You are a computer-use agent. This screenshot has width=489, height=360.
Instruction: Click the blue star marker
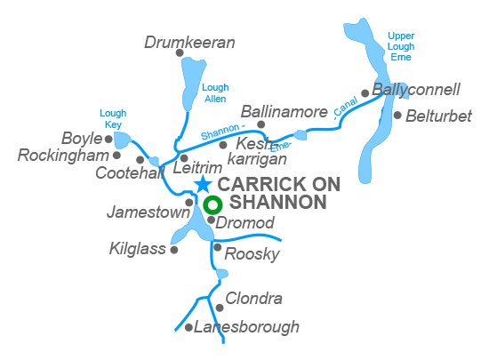[x=203, y=184]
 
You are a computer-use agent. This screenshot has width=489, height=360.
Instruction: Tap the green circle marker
[x=212, y=205]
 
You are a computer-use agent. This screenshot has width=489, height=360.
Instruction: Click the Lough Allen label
[x=215, y=92]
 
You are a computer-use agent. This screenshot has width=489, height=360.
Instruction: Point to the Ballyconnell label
[x=416, y=90]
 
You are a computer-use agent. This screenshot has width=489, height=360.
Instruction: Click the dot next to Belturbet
[x=397, y=115]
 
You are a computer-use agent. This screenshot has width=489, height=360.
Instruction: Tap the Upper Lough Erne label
[x=401, y=46]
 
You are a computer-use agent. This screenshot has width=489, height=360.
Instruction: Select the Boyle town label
[x=82, y=139]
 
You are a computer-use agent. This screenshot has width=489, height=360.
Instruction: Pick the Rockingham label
[x=62, y=156]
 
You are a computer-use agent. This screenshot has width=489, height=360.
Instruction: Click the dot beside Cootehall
[x=140, y=160]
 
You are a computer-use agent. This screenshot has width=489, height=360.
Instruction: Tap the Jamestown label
[x=148, y=212]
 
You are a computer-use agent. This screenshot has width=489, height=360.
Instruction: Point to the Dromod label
[x=244, y=222]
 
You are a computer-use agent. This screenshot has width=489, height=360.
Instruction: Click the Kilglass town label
[x=137, y=249]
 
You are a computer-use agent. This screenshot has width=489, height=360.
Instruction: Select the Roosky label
[x=252, y=255]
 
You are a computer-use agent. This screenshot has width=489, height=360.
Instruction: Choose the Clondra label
[x=253, y=299]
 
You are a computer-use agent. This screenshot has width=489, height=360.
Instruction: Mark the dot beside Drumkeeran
[x=180, y=53]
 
